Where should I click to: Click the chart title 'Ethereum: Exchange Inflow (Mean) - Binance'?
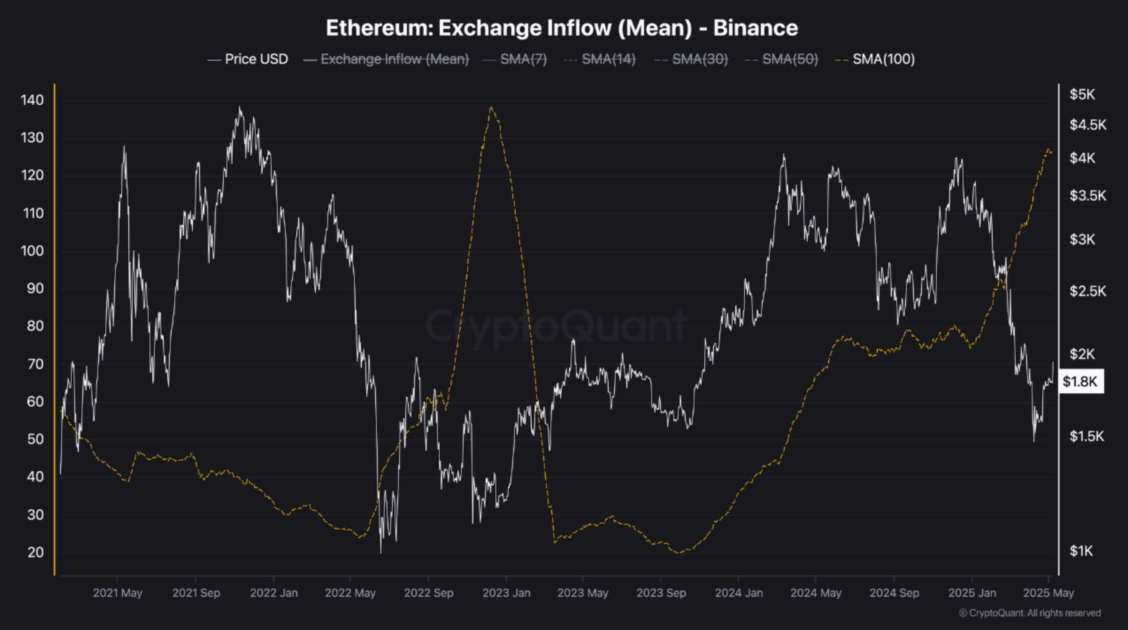(562, 28)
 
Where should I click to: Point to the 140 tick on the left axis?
(32, 100)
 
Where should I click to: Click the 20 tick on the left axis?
(35, 552)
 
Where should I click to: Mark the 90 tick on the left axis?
(32, 288)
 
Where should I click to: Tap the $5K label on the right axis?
(1082, 94)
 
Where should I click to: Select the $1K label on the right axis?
(1081, 551)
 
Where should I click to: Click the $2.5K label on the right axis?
(1087, 291)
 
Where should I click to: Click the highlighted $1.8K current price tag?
(1080, 381)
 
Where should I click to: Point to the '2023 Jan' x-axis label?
(506, 593)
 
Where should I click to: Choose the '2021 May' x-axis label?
(117, 593)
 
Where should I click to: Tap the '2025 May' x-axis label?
(1048, 593)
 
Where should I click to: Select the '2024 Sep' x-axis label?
(894, 593)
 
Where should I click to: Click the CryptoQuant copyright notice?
(1029, 613)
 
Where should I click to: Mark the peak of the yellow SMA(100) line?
(491, 107)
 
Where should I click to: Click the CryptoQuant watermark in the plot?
(556, 327)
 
